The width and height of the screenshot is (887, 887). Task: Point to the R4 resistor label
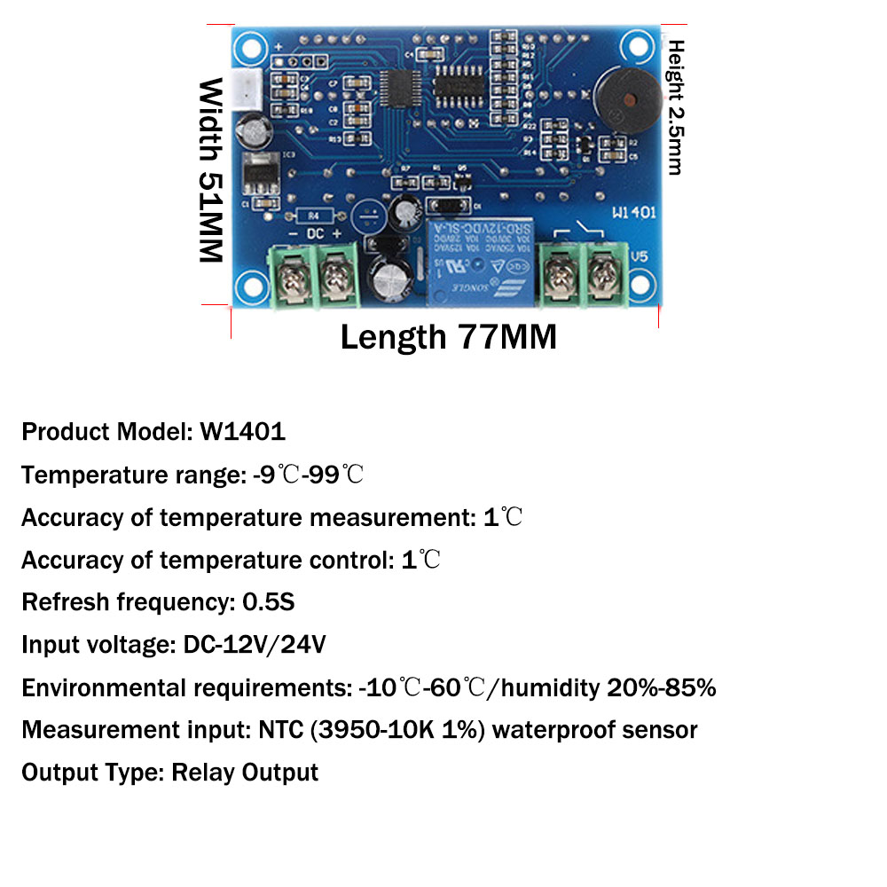click(x=315, y=216)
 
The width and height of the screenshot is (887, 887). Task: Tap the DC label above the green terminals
click(x=316, y=232)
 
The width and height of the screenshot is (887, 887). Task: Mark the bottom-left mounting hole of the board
click(x=249, y=286)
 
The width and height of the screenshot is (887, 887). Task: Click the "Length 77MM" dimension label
click(x=448, y=337)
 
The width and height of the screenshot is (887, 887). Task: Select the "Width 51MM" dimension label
click(x=210, y=170)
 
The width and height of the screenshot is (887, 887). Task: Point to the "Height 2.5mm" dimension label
click(x=676, y=106)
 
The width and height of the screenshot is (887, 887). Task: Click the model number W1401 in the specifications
click(x=242, y=432)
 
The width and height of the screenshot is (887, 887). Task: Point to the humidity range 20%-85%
click(x=662, y=687)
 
